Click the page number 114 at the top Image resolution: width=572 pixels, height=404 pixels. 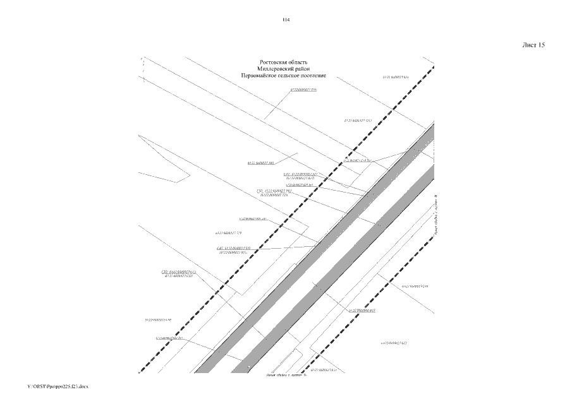pyautogui.click(x=286, y=20)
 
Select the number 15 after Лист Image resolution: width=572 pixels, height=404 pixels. pyautogui.click(x=541, y=45)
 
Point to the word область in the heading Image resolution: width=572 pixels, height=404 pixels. pyautogui.click(x=295, y=62)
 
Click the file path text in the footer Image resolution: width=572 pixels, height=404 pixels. pyautogui.click(x=58, y=385)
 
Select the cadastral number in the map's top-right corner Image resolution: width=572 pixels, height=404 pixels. pyautogui.click(x=396, y=77)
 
